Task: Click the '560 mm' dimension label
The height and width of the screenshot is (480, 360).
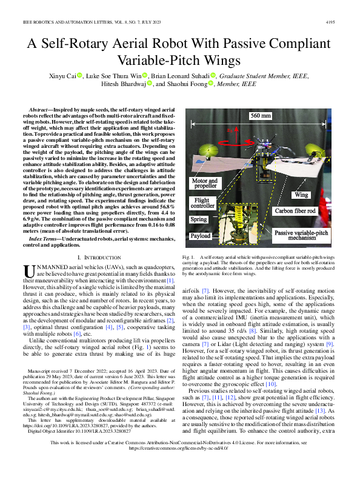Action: (x=261, y=116)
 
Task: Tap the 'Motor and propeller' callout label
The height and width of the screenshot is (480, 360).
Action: (x=204, y=184)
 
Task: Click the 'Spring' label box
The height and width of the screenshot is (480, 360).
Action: (x=199, y=219)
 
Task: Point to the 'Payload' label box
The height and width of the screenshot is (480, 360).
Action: (x=200, y=236)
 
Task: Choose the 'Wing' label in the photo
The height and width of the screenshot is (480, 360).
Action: (x=301, y=195)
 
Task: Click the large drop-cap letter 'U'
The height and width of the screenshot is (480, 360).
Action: (x=29, y=270)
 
